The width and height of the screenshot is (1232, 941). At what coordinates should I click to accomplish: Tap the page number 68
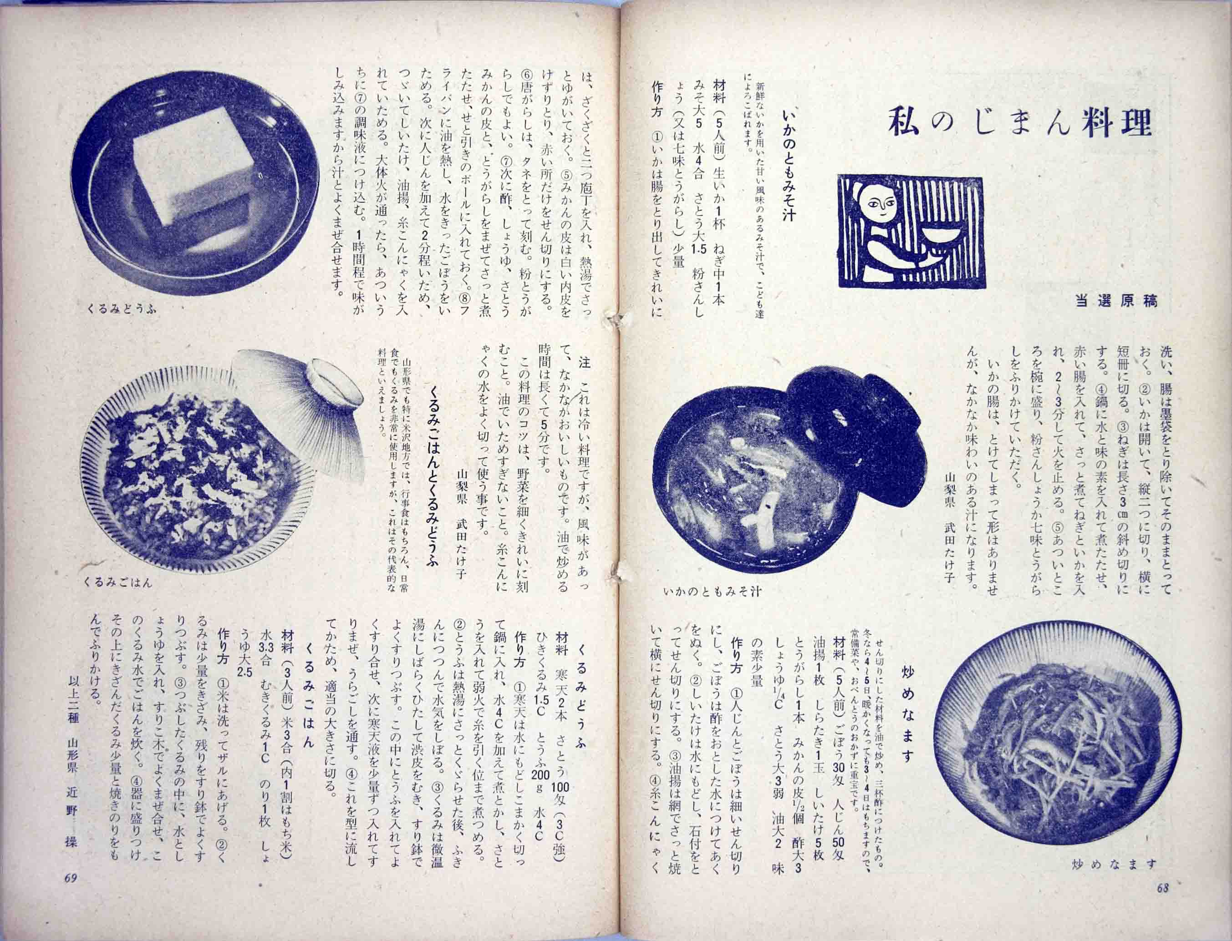[1162, 904]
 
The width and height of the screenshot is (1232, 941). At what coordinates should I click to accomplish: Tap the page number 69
[71, 895]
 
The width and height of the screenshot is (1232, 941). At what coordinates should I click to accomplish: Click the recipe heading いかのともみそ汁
[789, 174]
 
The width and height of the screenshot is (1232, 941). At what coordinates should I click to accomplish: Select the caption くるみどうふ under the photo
[121, 308]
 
